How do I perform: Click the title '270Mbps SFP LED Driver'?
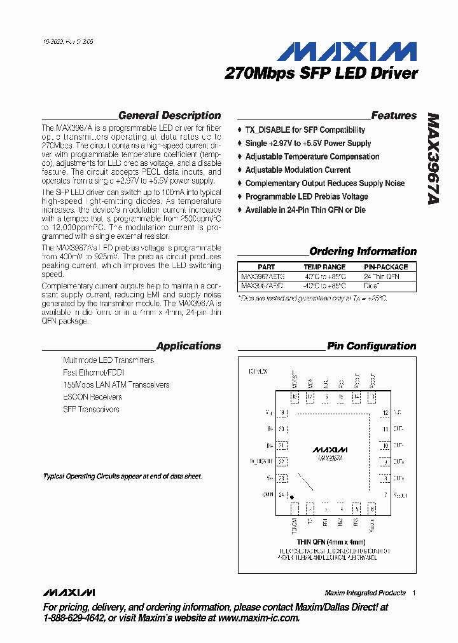321,74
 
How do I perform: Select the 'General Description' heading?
169,116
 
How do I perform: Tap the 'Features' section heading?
394,116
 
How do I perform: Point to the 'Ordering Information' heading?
363,251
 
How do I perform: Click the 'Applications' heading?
188,346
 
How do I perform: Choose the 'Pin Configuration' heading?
371,346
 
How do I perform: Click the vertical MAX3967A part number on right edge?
433,159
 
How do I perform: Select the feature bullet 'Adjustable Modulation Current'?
298,170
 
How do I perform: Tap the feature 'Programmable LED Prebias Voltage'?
307,196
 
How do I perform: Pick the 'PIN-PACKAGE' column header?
385,267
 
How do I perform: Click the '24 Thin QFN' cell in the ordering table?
381,277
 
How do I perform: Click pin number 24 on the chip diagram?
281,494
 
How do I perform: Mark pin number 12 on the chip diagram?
385,413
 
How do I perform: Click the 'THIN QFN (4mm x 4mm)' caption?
331,542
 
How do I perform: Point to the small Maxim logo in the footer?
69,592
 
